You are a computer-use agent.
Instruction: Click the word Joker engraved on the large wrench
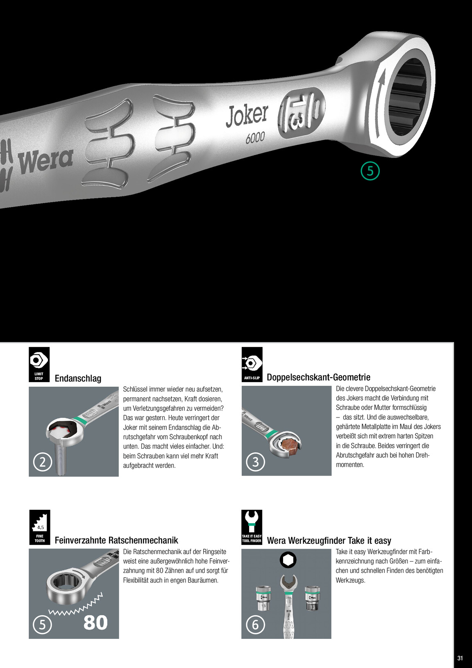(247, 116)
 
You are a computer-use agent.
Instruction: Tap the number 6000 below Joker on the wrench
(255, 138)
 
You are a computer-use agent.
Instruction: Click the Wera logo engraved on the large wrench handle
(46, 161)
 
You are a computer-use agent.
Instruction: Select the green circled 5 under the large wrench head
(370, 171)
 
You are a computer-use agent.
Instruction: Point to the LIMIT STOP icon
(39, 364)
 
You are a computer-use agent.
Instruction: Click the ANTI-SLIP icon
(252, 364)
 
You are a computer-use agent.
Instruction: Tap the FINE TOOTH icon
(40, 527)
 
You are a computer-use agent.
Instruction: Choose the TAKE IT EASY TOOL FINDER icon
(252, 527)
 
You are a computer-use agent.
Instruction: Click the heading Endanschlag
(78, 378)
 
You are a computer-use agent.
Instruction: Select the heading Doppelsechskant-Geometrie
(318, 377)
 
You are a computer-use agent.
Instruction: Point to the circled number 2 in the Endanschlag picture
(43, 462)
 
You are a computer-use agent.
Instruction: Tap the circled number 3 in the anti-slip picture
(255, 462)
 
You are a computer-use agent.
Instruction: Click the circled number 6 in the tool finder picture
(255, 624)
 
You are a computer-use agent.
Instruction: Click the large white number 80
(95, 622)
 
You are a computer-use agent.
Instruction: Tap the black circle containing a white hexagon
(288, 560)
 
